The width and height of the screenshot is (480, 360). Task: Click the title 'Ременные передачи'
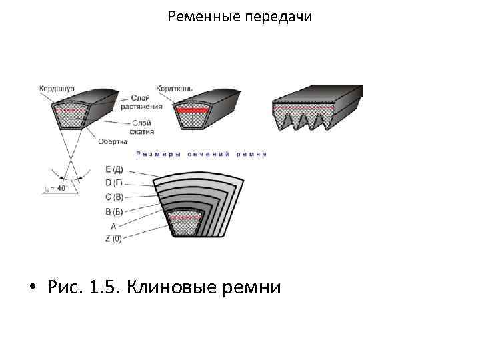tap(239, 15)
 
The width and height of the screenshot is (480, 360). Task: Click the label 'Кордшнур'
tap(57, 88)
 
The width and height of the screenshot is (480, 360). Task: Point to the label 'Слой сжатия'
tap(141, 127)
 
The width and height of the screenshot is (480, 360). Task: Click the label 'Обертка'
tap(113, 141)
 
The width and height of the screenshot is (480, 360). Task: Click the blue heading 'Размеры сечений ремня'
tap(201, 154)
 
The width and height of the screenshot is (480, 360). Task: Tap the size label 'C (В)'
tap(114, 198)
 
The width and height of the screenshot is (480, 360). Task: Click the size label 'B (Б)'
tap(114, 212)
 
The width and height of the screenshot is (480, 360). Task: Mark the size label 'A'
tap(113, 226)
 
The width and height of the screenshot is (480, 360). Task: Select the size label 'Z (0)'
tap(113, 239)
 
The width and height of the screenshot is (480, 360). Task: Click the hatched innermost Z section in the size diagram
tap(185, 225)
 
